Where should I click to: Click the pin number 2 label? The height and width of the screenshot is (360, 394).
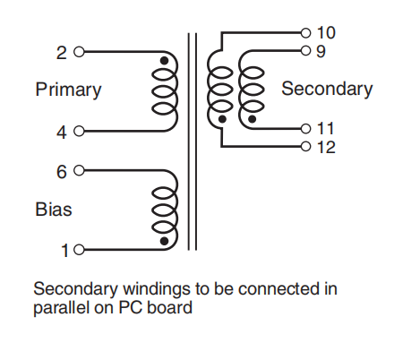(61, 53)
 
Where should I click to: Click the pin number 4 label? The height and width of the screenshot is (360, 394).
(61, 133)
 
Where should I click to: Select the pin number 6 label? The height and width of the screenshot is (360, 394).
(61, 170)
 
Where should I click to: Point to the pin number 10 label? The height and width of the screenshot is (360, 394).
(326, 33)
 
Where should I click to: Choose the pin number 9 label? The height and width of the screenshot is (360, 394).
(321, 51)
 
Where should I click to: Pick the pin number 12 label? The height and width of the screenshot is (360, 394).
(326, 147)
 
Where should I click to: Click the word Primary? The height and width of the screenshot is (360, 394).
(68, 90)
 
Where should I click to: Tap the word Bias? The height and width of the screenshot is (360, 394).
(54, 210)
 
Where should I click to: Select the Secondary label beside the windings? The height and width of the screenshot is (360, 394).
(327, 89)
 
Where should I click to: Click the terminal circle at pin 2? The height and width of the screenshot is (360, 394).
(78, 52)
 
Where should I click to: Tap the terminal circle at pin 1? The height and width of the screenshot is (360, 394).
(78, 251)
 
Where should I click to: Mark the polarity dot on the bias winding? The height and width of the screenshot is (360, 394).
(164, 241)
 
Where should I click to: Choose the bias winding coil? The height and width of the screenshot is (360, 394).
(163, 210)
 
